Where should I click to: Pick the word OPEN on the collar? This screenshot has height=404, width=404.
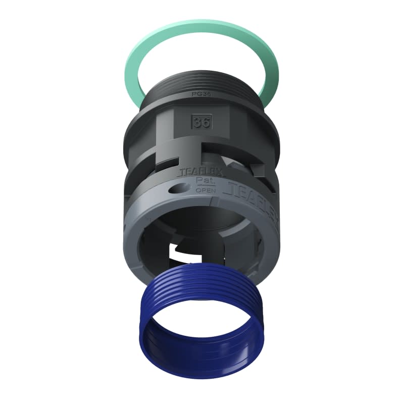[x=205, y=190]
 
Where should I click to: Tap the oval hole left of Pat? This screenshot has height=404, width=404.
[x=177, y=189]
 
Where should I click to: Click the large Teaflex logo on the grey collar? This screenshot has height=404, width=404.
[x=252, y=194]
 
